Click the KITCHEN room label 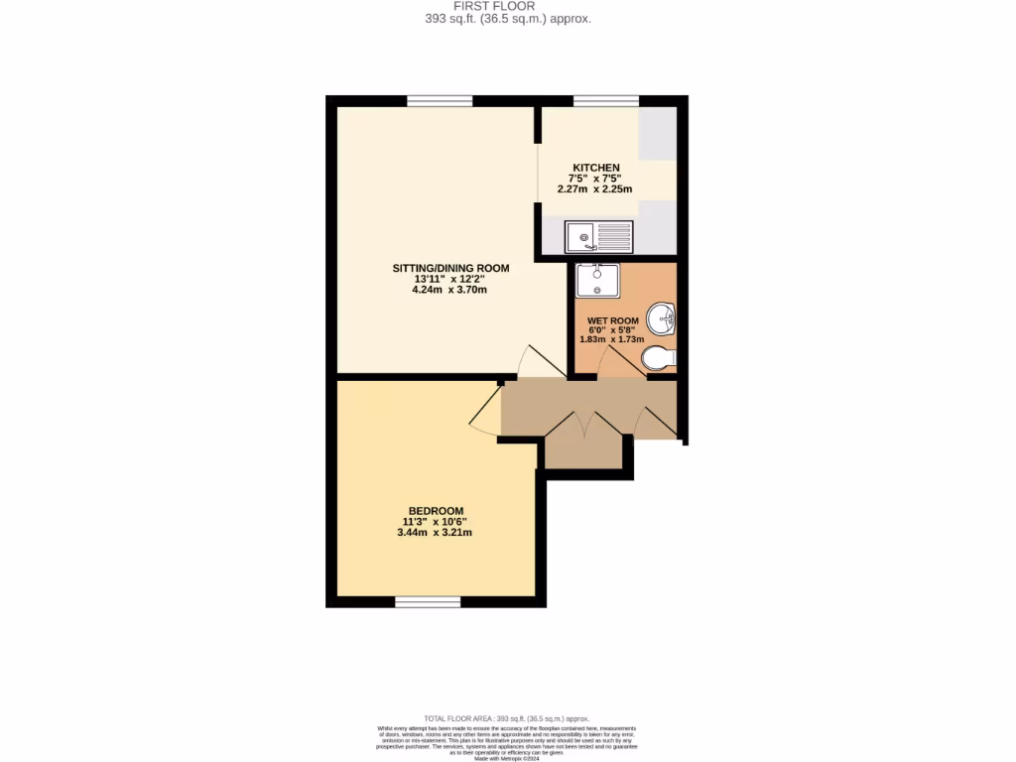pyautogui.click(x=596, y=168)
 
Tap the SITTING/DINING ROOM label pyautogui.click(x=451, y=268)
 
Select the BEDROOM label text pyautogui.click(x=433, y=511)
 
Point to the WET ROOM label pyautogui.click(x=611, y=320)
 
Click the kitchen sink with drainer pyautogui.click(x=597, y=236)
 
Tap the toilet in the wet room pyautogui.click(x=659, y=357)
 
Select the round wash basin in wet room pyautogui.click(x=662, y=318)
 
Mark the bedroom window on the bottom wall pyautogui.click(x=428, y=602)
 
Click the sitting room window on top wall pyautogui.click(x=440, y=100)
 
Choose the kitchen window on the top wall pyautogui.click(x=606, y=100)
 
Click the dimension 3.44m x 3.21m pyautogui.click(x=434, y=533)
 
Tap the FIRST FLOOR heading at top pyautogui.click(x=507, y=6)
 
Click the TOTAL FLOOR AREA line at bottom pyautogui.click(x=507, y=717)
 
